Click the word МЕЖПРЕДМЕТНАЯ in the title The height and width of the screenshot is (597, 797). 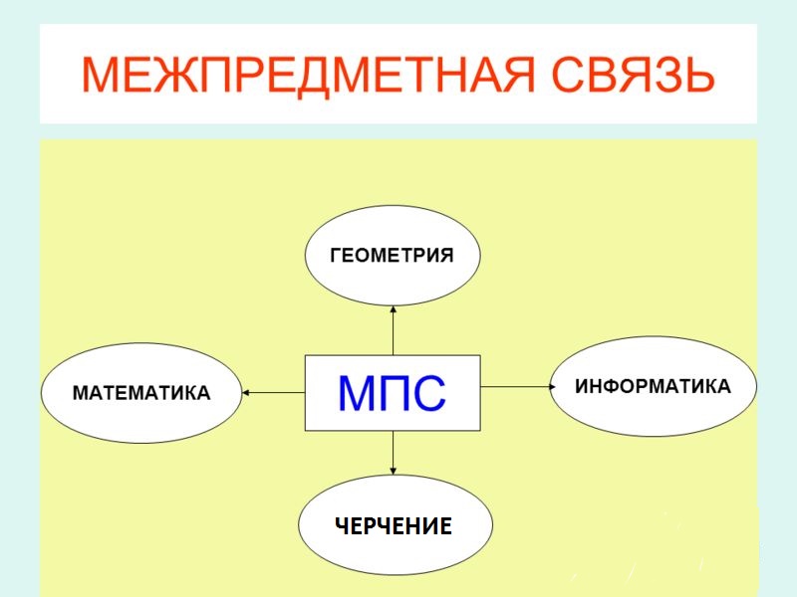(303, 76)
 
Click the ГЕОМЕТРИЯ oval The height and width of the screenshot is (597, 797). (392, 255)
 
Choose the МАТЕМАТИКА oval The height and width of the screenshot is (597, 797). (141, 393)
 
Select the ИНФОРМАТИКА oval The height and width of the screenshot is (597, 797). (653, 386)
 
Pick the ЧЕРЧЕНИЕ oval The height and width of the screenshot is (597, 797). (395, 526)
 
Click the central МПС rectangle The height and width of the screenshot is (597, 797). (392, 392)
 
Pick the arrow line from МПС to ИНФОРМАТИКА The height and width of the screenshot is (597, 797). (513, 386)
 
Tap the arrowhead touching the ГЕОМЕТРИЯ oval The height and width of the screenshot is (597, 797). (394, 309)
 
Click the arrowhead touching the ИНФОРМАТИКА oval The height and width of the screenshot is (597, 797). (547, 386)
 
